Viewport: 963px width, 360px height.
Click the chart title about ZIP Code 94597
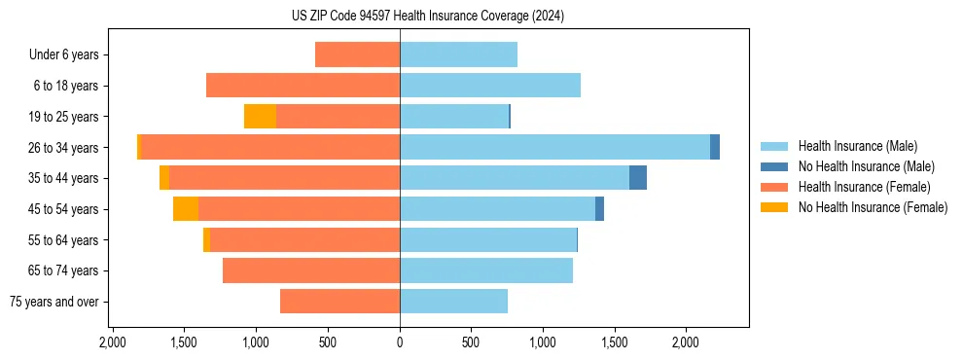(x=428, y=16)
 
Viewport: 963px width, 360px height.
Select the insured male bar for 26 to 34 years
(x=554, y=147)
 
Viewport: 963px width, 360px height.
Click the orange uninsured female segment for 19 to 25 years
(x=260, y=117)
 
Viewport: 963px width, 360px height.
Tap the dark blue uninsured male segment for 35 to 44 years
(x=638, y=178)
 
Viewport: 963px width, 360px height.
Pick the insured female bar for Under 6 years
(x=357, y=54)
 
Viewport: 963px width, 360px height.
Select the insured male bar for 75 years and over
(x=453, y=302)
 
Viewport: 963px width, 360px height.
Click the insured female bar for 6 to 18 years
(x=303, y=86)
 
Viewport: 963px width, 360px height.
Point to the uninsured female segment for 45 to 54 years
(x=186, y=209)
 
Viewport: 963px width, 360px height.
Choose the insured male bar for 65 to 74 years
(x=486, y=270)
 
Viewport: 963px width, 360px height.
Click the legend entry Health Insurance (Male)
(x=851, y=147)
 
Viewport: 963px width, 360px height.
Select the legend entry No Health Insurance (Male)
(x=859, y=167)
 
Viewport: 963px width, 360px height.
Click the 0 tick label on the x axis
(x=400, y=342)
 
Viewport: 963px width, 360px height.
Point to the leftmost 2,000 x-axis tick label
(x=113, y=342)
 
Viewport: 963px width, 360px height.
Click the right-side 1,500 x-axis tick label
(x=615, y=342)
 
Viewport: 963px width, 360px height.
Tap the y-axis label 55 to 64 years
(x=66, y=240)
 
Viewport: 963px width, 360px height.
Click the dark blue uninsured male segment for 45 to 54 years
(x=599, y=209)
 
